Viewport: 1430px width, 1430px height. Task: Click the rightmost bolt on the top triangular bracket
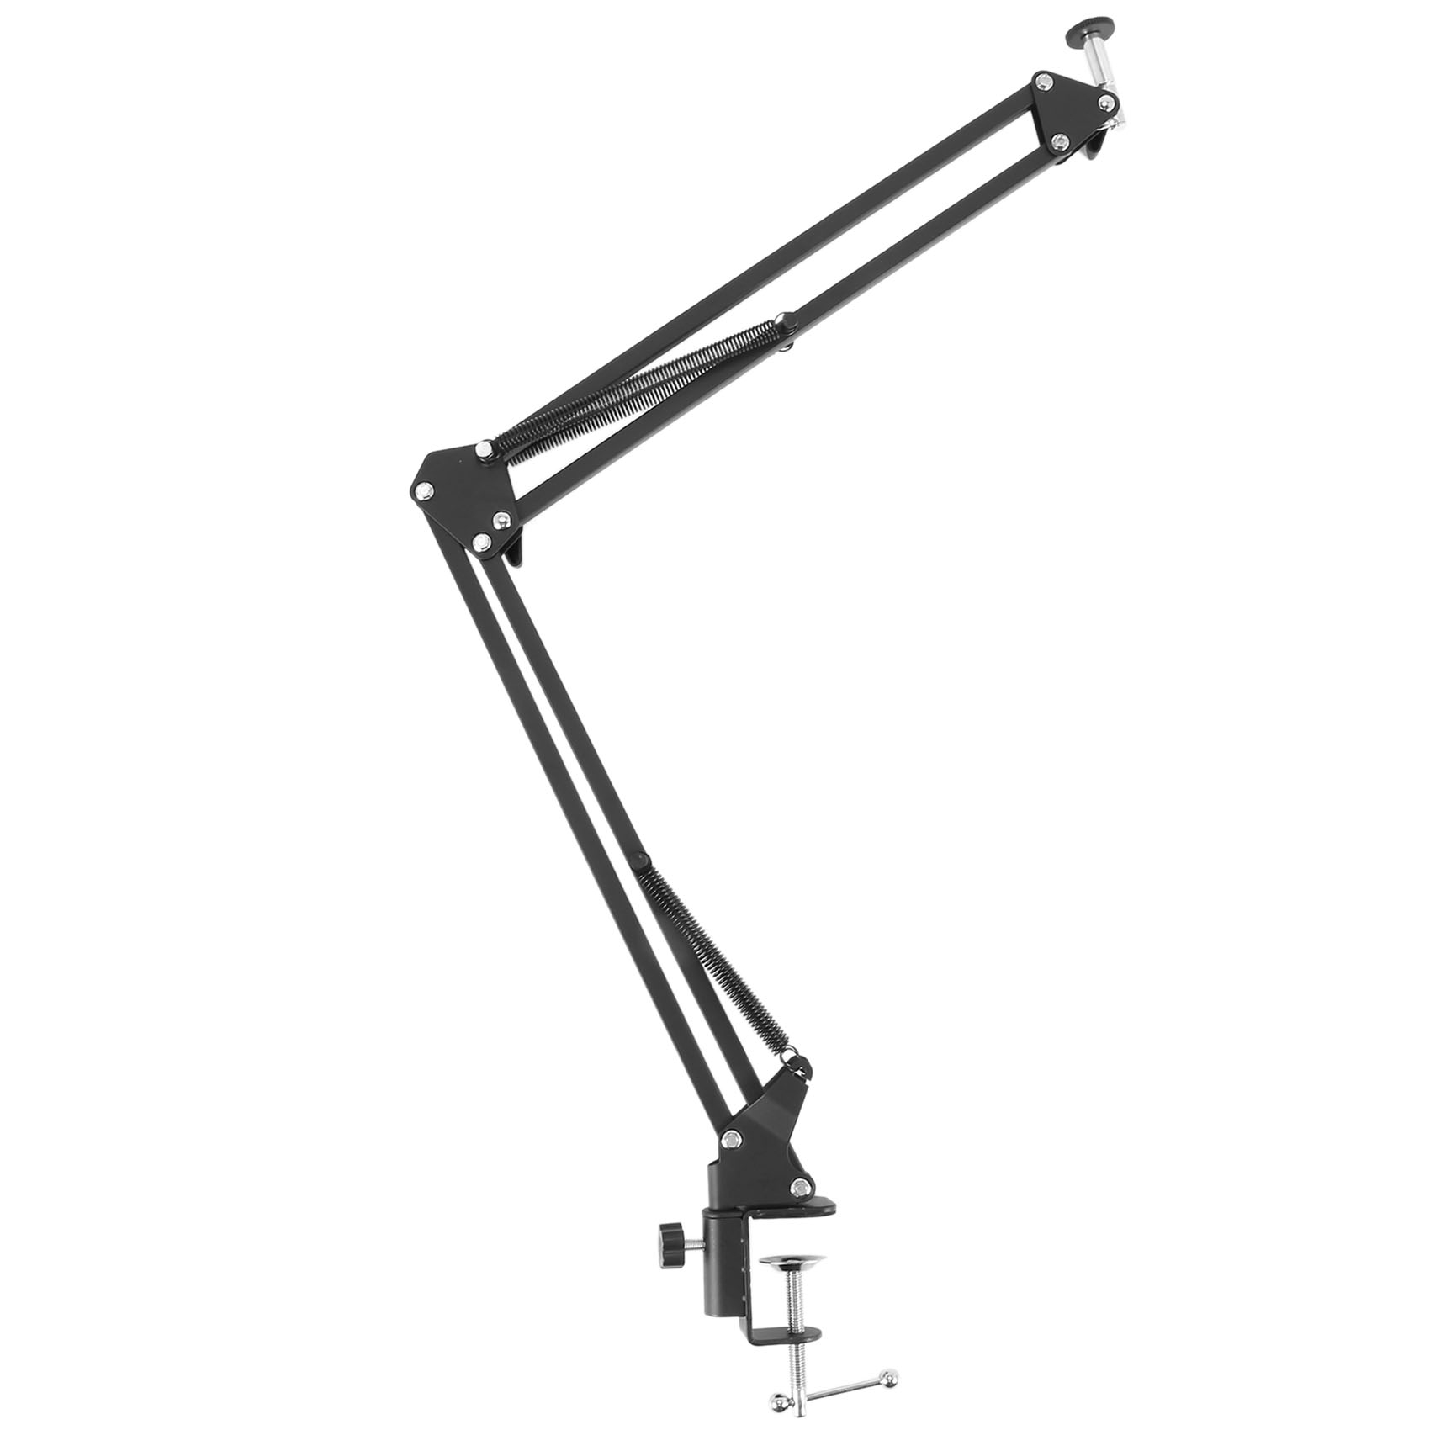[x=1107, y=103]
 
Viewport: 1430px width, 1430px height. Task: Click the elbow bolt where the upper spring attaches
[x=484, y=450]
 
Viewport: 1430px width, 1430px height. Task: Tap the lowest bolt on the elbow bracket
[x=482, y=543]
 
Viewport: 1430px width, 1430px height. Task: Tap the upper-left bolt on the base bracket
[x=732, y=1140]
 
